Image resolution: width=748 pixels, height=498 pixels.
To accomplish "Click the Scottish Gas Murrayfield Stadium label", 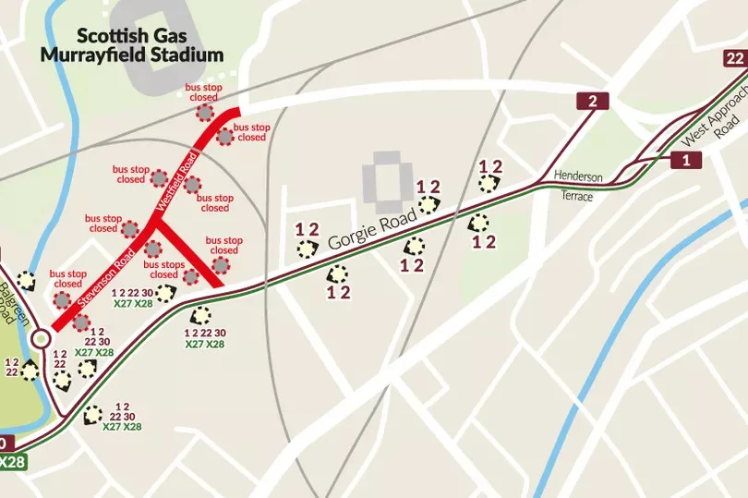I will tap(132, 45).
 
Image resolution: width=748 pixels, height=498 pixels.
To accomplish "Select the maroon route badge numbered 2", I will tap(592, 102).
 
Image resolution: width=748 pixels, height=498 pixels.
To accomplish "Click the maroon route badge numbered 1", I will tap(684, 161).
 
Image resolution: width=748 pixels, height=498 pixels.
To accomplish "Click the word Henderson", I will tap(578, 176).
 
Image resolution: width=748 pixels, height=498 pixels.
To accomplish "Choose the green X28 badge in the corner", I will tap(12, 461).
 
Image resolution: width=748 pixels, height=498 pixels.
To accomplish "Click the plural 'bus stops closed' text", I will tap(163, 269).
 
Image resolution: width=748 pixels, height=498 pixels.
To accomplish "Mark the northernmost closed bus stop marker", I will tap(204, 113).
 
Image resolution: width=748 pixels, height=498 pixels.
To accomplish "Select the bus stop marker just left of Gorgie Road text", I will tap(306, 248).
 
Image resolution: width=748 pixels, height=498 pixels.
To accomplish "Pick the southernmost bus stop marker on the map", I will tap(92, 415).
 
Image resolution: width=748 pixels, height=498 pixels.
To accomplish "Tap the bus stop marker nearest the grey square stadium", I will tap(428, 205).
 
